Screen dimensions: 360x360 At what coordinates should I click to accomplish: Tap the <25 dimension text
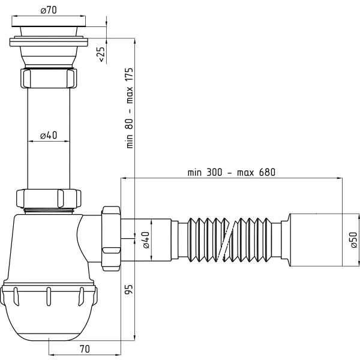[101, 54]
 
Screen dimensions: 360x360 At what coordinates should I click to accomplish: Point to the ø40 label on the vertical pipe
[49, 136]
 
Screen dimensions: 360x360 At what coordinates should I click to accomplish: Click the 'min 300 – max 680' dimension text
[231, 172]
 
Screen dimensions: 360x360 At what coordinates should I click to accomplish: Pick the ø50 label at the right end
[353, 240]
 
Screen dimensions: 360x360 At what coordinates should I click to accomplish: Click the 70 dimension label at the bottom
[84, 348]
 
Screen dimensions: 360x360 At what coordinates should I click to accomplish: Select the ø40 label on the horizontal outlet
[146, 240]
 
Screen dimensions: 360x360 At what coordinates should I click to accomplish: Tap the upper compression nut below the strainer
[49, 78]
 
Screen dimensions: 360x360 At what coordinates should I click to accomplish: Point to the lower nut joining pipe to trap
[49, 197]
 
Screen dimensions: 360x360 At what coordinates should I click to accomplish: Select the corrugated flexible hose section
[234, 239]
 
